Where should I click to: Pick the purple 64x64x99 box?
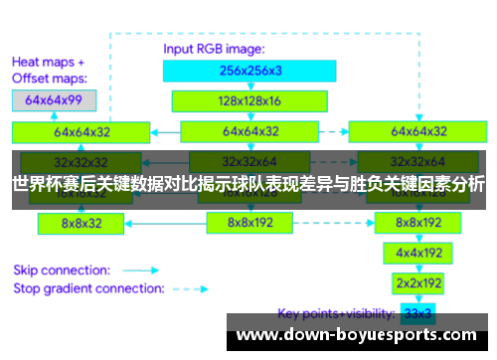tap(54, 100)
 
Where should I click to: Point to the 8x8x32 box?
tap(82, 224)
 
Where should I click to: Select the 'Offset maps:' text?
tap(50, 77)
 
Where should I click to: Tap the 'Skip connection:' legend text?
tap(61, 270)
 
